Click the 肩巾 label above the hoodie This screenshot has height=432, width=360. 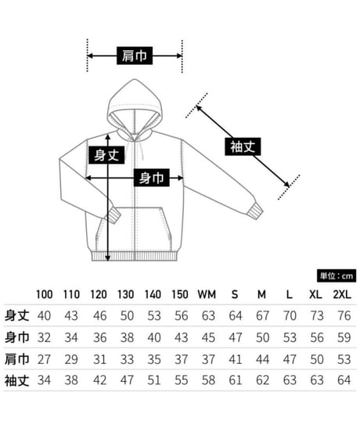[135, 56]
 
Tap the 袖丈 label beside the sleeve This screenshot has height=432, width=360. [243, 146]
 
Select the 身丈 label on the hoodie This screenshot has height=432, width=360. [106, 155]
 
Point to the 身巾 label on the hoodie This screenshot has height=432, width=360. [152, 178]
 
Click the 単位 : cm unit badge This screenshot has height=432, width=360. [337, 275]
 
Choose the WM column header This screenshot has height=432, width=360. [207, 295]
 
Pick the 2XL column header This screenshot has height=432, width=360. [342, 295]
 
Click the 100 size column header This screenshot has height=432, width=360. [45, 295]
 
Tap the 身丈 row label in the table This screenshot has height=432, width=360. [17, 315]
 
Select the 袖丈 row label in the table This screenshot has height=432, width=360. [17, 380]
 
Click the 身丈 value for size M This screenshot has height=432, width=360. [262, 315]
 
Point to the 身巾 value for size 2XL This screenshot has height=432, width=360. [344, 337]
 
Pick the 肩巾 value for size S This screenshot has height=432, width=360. [236, 359]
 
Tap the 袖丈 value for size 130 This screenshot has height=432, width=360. [127, 380]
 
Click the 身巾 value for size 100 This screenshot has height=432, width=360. [44, 337]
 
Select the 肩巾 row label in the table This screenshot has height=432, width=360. [17, 359]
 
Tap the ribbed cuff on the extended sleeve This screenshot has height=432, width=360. [255, 211]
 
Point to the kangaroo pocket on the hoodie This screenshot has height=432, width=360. [134, 229]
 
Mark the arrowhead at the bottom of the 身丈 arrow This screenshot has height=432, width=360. [108, 258]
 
